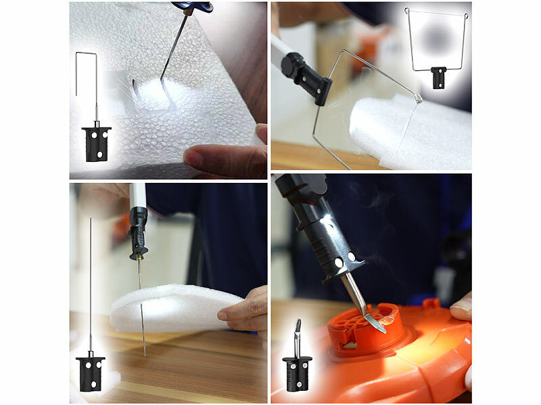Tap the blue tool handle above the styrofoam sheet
[193, 7]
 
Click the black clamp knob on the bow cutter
[293, 65]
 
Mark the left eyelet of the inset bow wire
[407, 11]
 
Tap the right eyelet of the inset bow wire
[466, 15]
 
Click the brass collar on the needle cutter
[138, 255]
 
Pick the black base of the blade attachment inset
[297, 373]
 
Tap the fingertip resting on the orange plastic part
[462, 308]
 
